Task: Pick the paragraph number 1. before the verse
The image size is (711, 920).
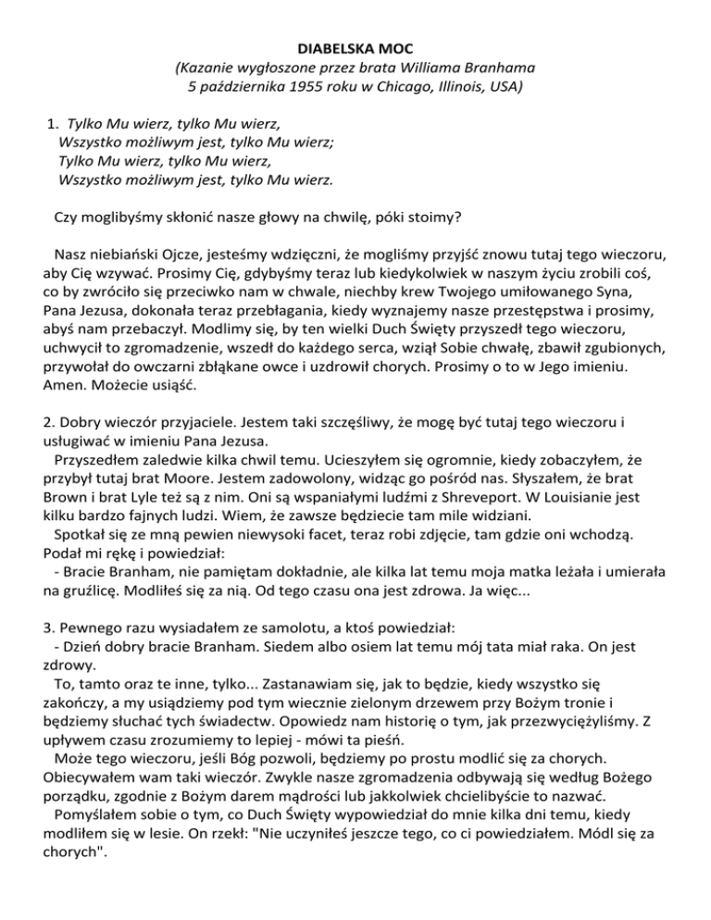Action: tap(55, 122)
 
